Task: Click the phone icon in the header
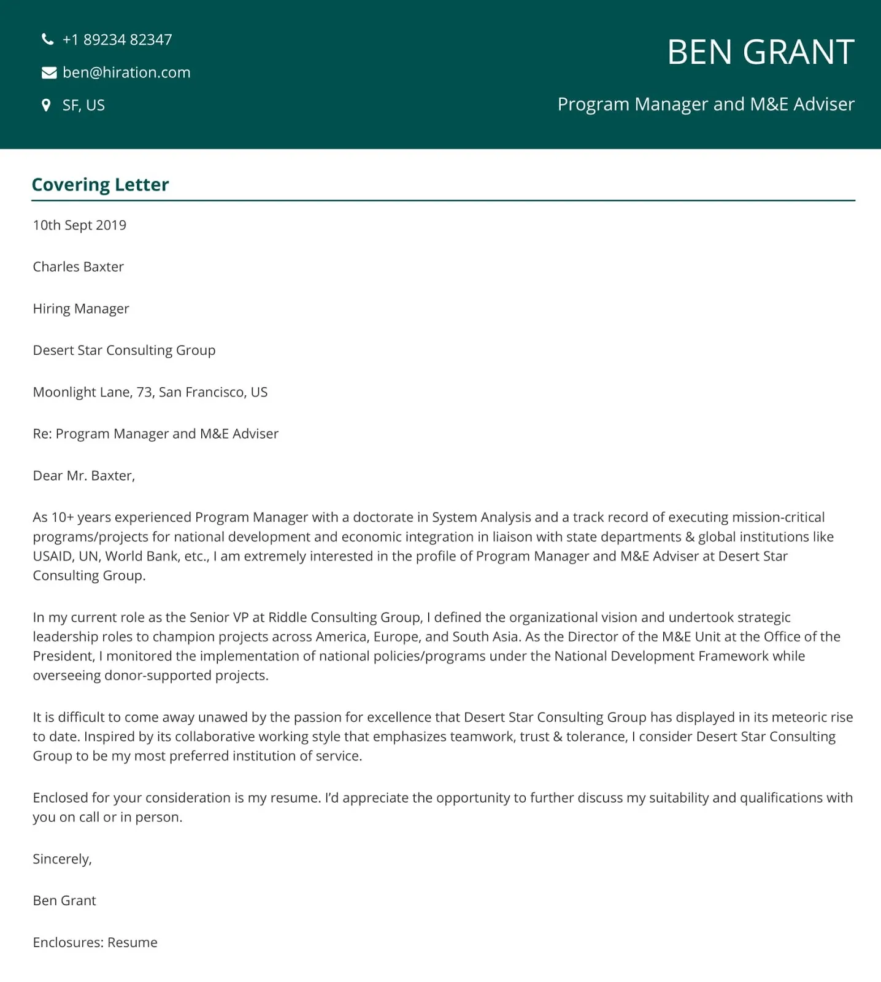tap(47, 40)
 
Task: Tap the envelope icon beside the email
tap(48, 73)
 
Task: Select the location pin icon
tap(46, 105)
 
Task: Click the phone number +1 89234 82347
tap(117, 40)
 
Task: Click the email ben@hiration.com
tap(126, 72)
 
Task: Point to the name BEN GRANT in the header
tap(760, 52)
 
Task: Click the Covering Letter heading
tap(100, 185)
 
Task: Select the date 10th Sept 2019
tap(79, 225)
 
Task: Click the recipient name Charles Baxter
tap(78, 267)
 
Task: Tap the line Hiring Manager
tap(81, 309)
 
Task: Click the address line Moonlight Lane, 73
tap(150, 392)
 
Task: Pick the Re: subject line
tap(155, 434)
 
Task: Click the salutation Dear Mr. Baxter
tap(83, 476)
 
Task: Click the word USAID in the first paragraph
tap(52, 556)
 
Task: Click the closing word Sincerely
tap(62, 859)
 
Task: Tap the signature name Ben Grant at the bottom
tap(64, 900)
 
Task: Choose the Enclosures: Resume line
tap(95, 942)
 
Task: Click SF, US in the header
tap(83, 106)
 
